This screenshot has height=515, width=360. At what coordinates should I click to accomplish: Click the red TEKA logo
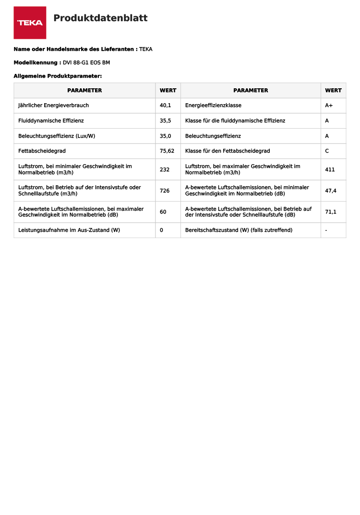[30, 23]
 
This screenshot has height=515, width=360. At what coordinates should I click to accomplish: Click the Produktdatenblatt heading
[100, 18]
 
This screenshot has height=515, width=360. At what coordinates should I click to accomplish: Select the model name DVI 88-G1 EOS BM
[86, 62]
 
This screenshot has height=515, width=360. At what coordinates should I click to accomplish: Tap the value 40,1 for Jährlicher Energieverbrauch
[165, 106]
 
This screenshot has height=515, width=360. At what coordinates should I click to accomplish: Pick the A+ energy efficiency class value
[329, 106]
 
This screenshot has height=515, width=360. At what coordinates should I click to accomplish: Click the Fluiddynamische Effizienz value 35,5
[165, 120]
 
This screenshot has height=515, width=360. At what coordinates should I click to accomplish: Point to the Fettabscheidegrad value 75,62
[167, 151]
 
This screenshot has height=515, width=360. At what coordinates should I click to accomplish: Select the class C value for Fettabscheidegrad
[327, 151]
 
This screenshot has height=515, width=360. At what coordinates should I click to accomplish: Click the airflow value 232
[164, 169]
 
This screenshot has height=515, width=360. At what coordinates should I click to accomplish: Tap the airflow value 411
[330, 169]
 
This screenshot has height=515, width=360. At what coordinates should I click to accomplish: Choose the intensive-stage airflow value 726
[164, 191]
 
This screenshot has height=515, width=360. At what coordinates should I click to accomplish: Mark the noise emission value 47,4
[331, 191]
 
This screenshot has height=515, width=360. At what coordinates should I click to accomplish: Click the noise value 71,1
[331, 212]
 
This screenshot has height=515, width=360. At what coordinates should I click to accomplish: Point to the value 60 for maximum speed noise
[163, 212]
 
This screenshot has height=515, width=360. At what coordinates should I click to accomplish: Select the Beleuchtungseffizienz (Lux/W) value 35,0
[165, 136]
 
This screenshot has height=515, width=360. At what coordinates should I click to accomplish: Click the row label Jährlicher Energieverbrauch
[53, 106]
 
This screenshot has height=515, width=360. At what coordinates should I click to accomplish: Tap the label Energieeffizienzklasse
[213, 106]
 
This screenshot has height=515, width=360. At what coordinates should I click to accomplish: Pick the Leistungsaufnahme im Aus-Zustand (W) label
[69, 230]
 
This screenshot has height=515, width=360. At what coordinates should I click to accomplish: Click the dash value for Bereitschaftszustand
[326, 230]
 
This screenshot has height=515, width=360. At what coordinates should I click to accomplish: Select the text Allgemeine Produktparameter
[58, 76]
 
